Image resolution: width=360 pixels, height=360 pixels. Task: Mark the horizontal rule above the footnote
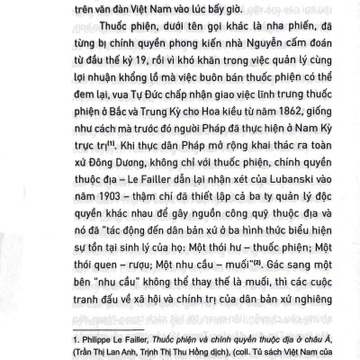90,320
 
